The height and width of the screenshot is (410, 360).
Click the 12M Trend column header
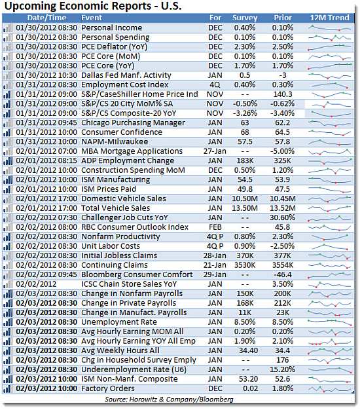pyautogui.click(x=329, y=18)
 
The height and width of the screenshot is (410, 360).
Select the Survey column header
pyautogui.click(x=245, y=18)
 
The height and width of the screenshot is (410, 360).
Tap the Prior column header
pyautogui.click(x=283, y=18)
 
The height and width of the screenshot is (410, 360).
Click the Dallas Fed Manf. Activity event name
pyautogui.click(x=126, y=75)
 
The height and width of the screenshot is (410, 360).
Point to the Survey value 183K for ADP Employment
pyautogui.click(x=245, y=160)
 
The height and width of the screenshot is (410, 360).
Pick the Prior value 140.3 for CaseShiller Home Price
pyautogui.click(x=283, y=94)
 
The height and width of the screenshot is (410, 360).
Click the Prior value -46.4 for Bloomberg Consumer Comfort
pyautogui.click(x=283, y=274)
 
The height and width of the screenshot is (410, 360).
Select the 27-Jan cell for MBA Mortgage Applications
pyautogui.click(x=215, y=151)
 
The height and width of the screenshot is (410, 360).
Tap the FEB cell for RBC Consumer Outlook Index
pyautogui.click(x=215, y=227)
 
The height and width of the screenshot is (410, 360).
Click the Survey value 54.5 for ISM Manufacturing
pyautogui.click(x=245, y=179)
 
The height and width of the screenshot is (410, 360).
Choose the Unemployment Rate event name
pyautogui.click(x=119, y=322)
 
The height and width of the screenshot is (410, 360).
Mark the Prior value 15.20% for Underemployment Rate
pyautogui.click(x=283, y=369)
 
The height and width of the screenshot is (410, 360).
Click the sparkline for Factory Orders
pyautogui.click(x=330, y=389)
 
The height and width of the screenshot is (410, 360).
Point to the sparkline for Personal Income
pyautogui.click(x=330, y=28)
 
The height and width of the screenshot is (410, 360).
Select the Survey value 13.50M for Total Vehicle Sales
pyautogui.click(x=245, y=208)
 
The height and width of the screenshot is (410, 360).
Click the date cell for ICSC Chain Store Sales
pyautogui.click(x=36, y=284)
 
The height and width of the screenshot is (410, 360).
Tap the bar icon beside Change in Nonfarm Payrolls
pyautogui.click(x=8, y=294)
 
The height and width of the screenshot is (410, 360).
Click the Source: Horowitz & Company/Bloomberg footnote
pyautogui.click(x=169, y=400)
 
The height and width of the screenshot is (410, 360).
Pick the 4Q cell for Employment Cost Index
pyautogui.click(x=215, y=84)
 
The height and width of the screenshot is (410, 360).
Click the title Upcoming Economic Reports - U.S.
pyautogui.click(x=93, y=6)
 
